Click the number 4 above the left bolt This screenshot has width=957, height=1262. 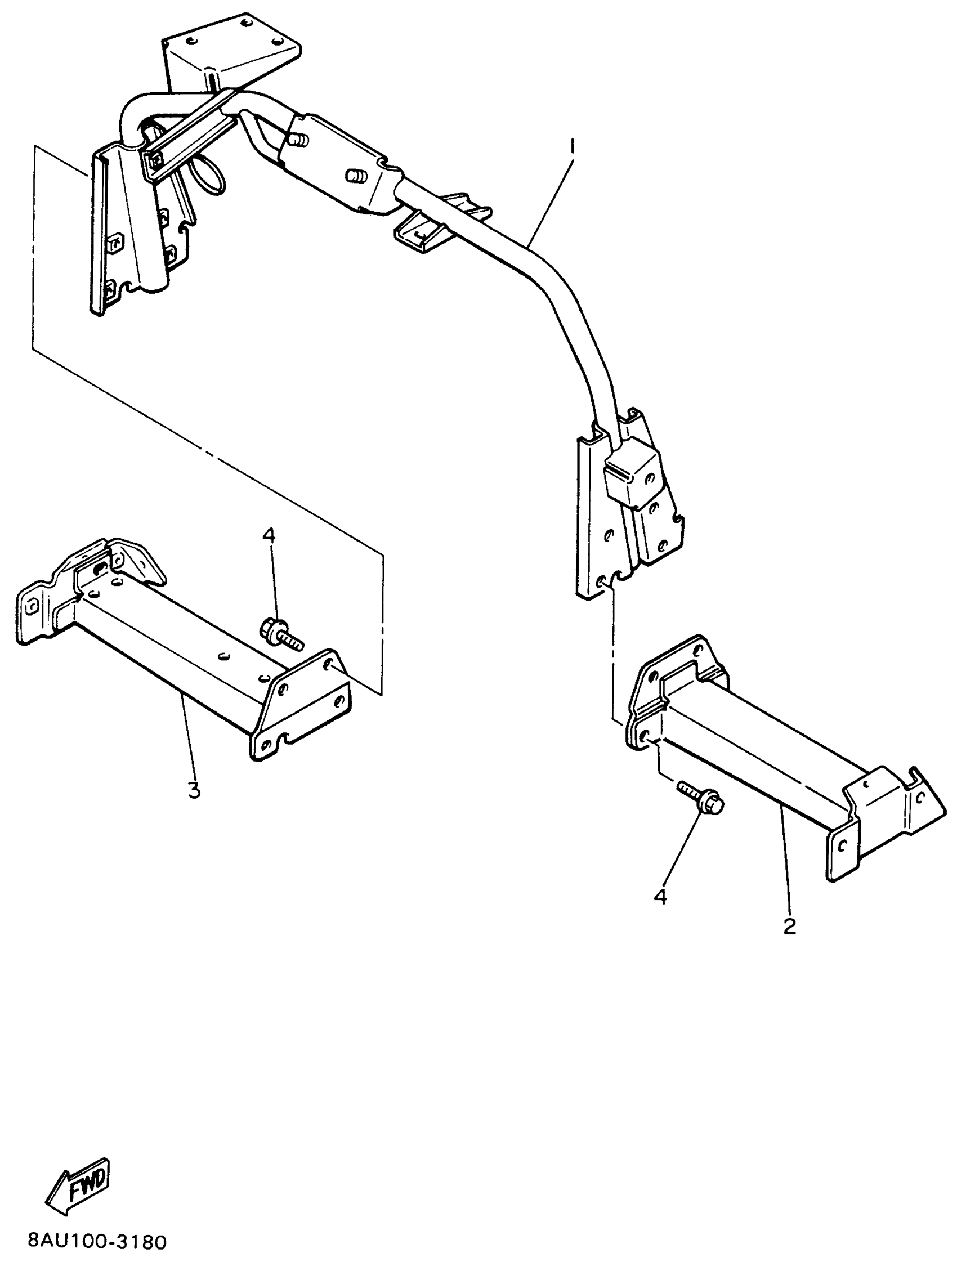(269, 536)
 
